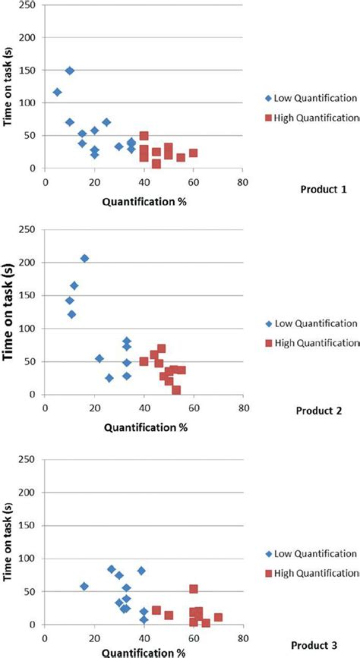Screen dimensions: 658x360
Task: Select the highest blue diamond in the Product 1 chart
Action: [70, 71]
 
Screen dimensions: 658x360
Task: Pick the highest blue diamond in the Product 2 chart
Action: [84, 259]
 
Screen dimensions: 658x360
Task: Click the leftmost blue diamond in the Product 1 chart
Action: [57, 92]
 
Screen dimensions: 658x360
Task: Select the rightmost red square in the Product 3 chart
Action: [218, 617]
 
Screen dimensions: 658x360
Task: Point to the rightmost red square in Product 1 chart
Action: [193, 153]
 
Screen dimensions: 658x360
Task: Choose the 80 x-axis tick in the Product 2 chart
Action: [242, 408]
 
